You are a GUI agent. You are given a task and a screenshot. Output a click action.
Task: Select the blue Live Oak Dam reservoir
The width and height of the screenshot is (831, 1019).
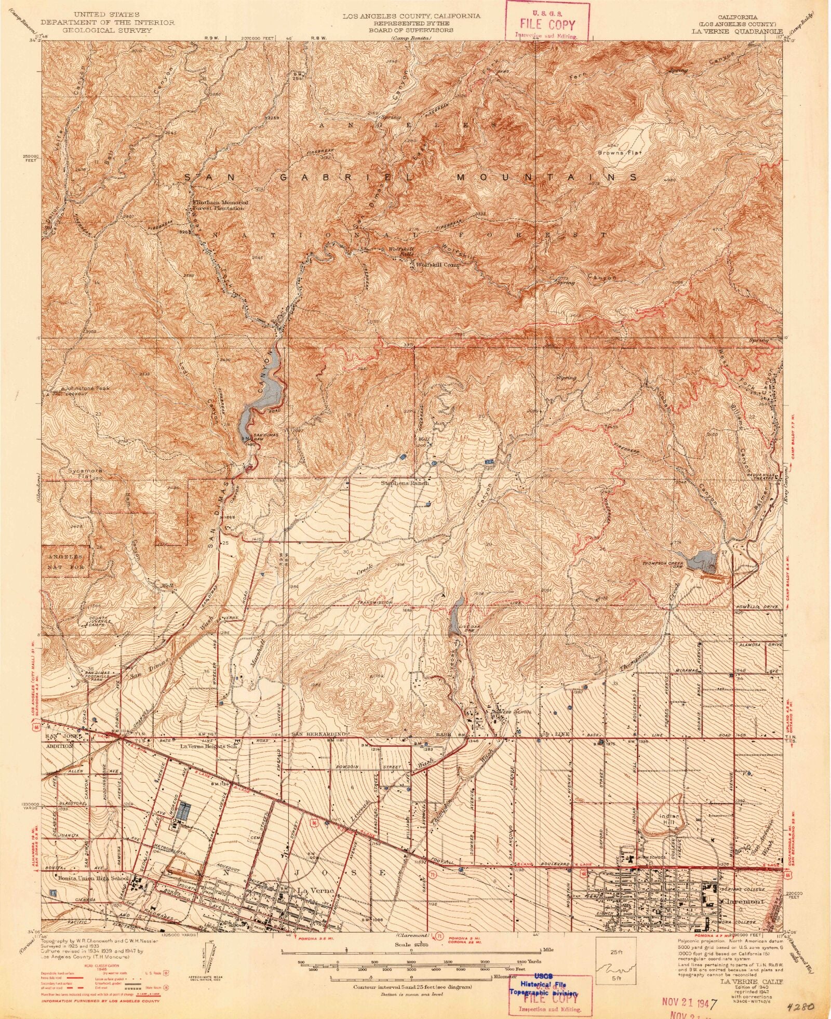455,612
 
